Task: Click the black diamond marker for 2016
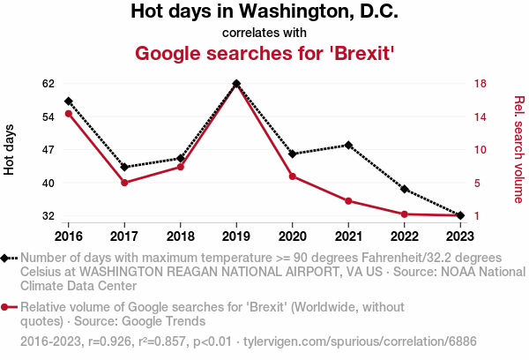68,101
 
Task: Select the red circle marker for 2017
124,183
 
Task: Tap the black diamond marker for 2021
348,145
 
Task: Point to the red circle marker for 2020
292,176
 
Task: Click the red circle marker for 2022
405,214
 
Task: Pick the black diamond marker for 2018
181,159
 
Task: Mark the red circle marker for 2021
348,201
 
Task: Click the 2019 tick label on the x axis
236,236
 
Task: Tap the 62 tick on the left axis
48,84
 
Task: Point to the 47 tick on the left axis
48,150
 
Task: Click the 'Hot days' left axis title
10,150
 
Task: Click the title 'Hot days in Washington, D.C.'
264,12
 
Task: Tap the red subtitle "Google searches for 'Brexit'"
264,53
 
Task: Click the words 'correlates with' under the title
264,34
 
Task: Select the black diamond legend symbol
9,258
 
